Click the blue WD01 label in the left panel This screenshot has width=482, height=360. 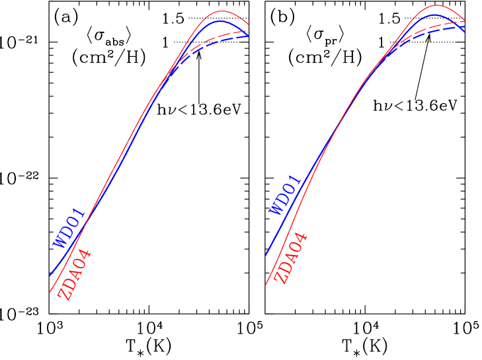[x=69, y=228]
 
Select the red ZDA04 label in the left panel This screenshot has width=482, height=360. [x=75, y=275]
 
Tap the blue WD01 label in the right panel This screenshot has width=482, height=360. [x=285, y=195]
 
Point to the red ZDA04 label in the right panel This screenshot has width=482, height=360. [x=291, y=258]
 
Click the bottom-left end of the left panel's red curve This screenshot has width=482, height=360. [x=50, y=291]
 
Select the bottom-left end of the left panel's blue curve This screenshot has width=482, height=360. [x=50, y=275]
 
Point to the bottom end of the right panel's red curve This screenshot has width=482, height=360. [x=266, y=285]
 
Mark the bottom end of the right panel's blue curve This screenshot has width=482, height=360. [x=266, y=255]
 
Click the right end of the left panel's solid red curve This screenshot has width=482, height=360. [x=248, y=24]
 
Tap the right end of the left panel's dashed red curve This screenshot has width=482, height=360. [x=247, y=30]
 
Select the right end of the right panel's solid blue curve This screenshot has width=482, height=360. [x=465, y=32]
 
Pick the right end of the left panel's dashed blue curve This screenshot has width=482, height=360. [x=248, y=36]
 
